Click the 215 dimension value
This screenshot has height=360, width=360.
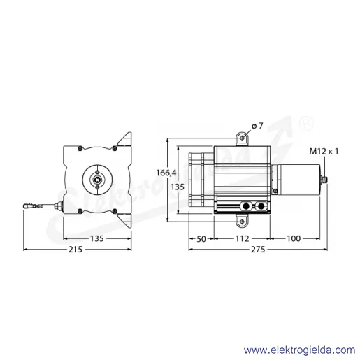[x=75, y=250]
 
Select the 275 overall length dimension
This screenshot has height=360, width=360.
[x=258, y=250]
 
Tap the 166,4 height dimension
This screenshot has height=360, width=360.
[x=166, y=173]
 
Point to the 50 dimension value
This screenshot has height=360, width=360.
[x=201, y=239]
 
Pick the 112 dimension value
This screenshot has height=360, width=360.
[x=242, y=238]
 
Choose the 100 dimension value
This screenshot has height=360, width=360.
[x=294, y=238]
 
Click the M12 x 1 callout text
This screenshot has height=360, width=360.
[x=324, y=152]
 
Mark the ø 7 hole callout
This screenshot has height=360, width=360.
[x=257, y=126]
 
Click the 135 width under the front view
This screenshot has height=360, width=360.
[x=97, y=238]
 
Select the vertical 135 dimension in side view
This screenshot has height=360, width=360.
[x=178, y=187]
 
